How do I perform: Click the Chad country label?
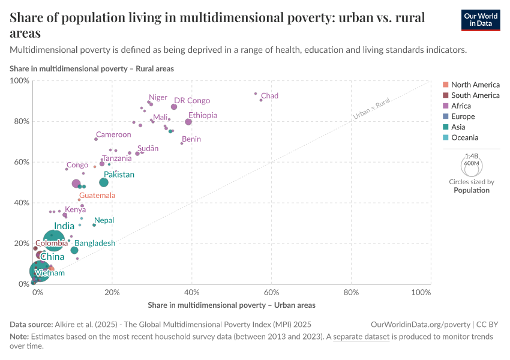269,96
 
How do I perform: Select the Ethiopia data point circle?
188,122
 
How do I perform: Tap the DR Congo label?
192,101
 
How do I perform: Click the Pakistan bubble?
104,182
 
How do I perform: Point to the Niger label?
158,97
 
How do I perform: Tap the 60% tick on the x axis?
271,292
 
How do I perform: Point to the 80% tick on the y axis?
22,121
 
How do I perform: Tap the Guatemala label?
97,196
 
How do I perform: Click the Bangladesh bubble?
74,250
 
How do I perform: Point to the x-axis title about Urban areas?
231,305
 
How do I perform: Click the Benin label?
191,139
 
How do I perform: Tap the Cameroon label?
113,135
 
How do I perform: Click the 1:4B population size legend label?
472,155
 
